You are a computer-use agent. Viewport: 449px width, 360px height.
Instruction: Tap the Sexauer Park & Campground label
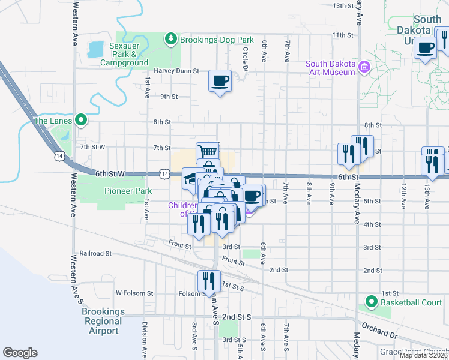click(x=124, y=54)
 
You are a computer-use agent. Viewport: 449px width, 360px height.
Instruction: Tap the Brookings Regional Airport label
click(x=103, y=321)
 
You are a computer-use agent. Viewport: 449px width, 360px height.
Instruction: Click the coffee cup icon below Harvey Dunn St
click(x=220, y=80)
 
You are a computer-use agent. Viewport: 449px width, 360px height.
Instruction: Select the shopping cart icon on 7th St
click(x=206, y=152)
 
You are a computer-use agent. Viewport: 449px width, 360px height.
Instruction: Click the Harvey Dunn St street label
click(x=176, y=71)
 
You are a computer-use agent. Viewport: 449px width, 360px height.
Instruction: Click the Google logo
click(x=20, y=353)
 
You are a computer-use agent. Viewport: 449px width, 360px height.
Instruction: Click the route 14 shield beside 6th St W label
click(x=164, y=173)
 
